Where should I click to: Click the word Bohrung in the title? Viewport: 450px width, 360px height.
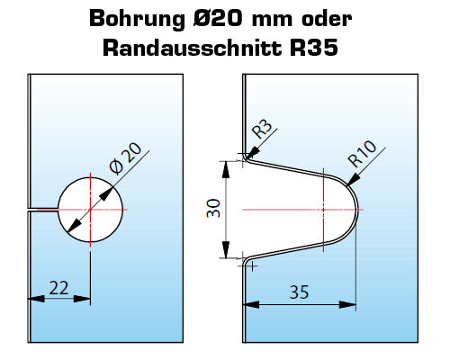tap(138, 20)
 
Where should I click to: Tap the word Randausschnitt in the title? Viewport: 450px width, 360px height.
tap(193, 48)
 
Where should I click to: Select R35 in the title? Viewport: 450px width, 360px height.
tap(314, 48)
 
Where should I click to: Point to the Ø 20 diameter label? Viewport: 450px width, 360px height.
tap(125, 158)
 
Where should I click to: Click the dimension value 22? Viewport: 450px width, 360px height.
tap(58, 288)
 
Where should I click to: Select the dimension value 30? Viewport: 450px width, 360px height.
tap(213, 208)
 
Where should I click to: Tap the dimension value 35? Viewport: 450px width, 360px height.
tap(299, 292)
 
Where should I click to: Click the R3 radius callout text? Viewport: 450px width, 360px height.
tap(262, 130)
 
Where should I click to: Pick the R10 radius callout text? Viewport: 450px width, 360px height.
tap(362, 154)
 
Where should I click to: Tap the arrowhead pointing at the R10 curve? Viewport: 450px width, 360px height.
tap(353, 179)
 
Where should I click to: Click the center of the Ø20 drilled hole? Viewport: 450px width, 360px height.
tap(90, 210)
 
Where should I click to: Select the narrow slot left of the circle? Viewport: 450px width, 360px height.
tap(43, 210)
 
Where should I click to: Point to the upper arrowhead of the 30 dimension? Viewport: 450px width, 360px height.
tap(226, 170)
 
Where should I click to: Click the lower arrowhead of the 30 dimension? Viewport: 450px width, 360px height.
tap(226, 249)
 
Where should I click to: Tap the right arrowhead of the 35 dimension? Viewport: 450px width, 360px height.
tap(347, 305)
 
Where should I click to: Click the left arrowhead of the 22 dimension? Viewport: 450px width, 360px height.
tap(36, 299)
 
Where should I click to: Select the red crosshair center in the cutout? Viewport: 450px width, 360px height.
tap(323, 210)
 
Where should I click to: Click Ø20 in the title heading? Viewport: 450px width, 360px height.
tap(217, 19)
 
